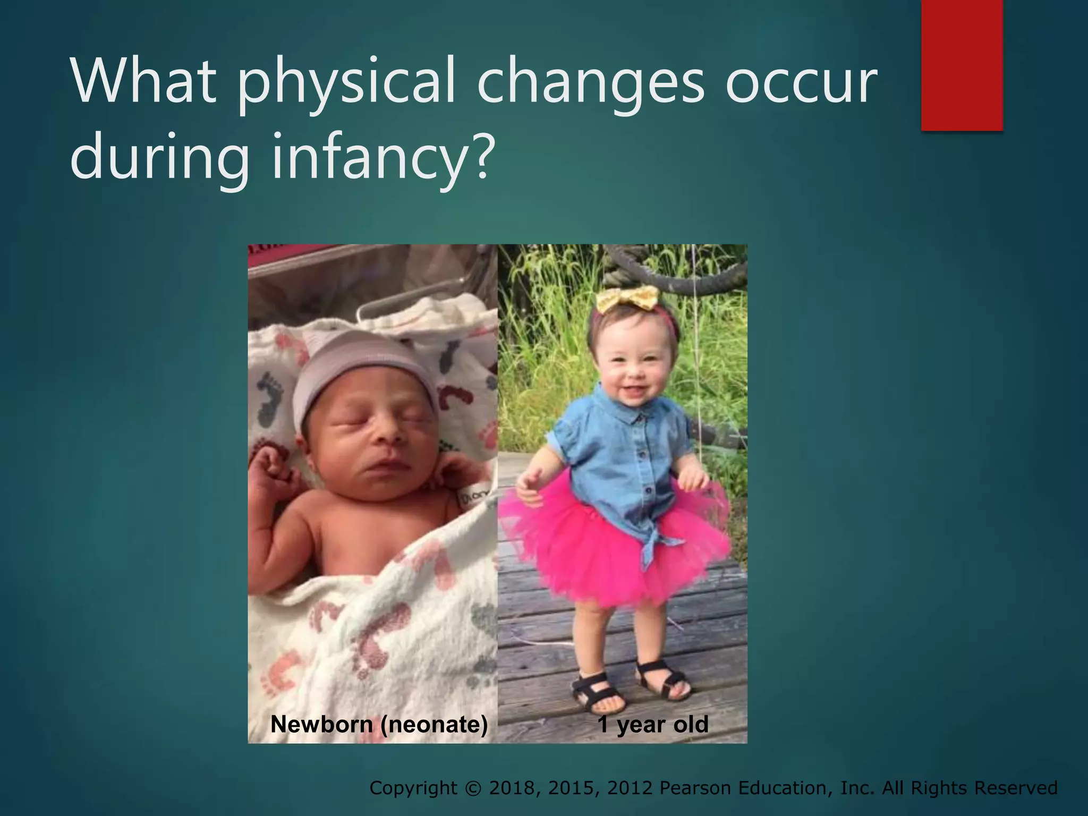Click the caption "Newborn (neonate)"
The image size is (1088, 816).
coord(379,725)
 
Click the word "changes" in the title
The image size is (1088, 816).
coord(590,82)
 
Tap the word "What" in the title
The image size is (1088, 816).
coord(143,82)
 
